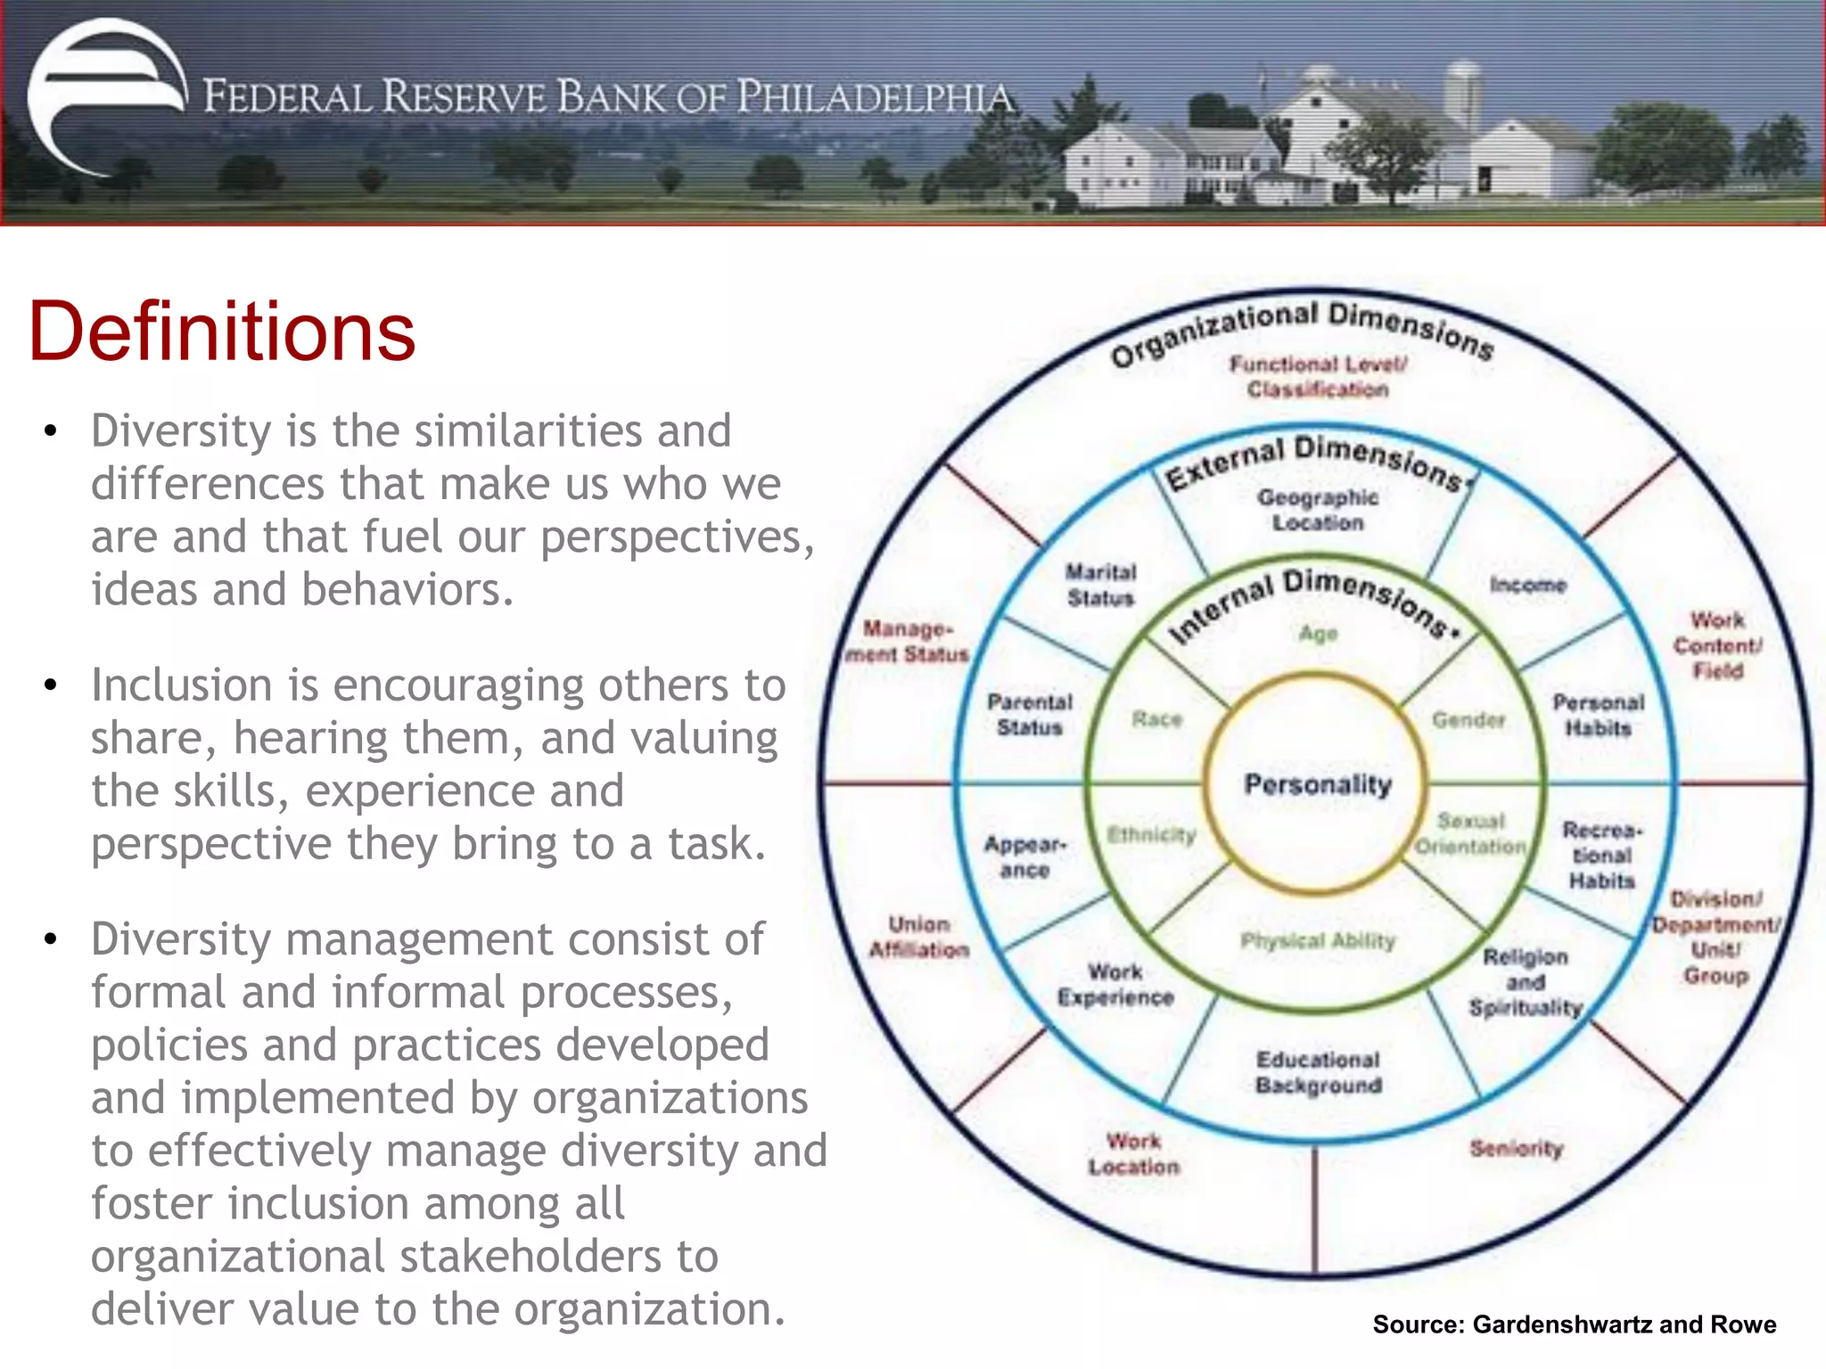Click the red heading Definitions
point(222,331)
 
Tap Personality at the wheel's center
point(1318,784)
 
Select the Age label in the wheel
point(1318,634)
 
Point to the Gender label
point(1468,719)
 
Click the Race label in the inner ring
point(1156,719)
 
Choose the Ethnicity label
point(1151,835)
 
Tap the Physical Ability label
point(1318,940)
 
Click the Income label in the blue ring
point(1527,585)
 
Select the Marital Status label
point(1101,585)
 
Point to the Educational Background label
point(1319,1072)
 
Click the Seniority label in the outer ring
point(1517,1148)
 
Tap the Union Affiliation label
point(919,937)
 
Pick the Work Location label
point(1133,1153)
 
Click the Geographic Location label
point(1318,510)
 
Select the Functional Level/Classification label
point(1318,376)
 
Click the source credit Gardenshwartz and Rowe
point(1574,1324)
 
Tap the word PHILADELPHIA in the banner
point(877,97)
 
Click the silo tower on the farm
point(1461,94)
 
